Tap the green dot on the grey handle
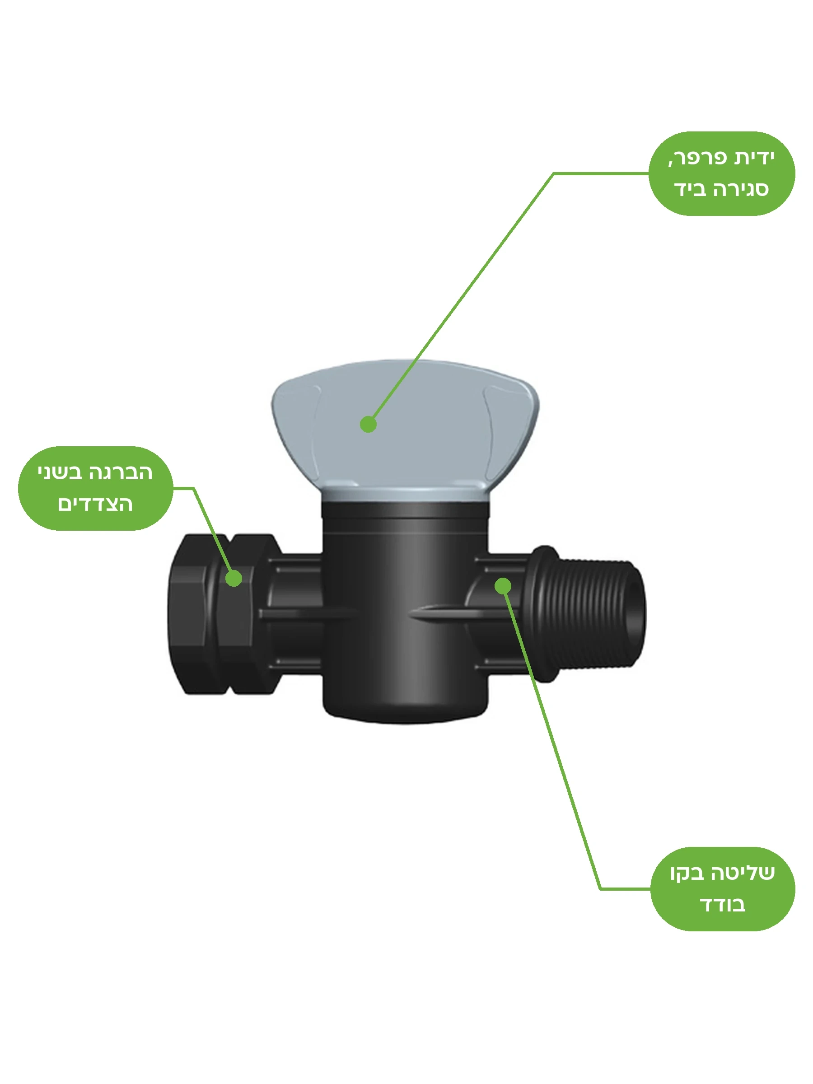[368, 425]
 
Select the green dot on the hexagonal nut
[234, 578]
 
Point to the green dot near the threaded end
[503, 586]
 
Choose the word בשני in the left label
[60, 472]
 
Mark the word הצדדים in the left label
[95, 504]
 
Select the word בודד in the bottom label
[722, 904]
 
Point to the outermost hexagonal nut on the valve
[192, 613]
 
